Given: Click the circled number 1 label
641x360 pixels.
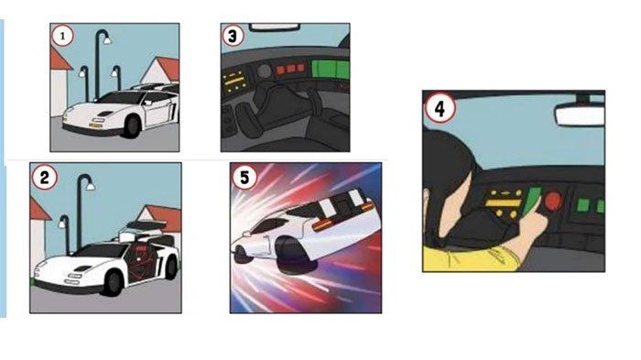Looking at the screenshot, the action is click(62, 36).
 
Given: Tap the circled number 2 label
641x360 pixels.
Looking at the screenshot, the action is click(45, 177).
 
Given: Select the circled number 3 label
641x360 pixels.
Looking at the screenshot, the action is click(233, 36).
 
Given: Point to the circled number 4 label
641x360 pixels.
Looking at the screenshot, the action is click(440, 108).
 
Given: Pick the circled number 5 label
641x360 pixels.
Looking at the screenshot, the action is click(244, 177).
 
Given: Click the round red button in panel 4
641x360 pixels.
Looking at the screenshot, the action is click(553, 201).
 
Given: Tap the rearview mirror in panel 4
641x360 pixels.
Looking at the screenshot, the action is click(580, 115).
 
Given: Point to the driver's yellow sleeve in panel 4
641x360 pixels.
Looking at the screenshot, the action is click(470, 259).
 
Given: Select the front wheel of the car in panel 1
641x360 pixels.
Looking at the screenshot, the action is click(132, 126).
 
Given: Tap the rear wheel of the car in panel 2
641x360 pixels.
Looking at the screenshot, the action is click(172, 267).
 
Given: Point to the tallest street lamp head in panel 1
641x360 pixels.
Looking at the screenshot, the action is click(107, 39).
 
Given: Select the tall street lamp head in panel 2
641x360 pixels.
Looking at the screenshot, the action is click(91, 186).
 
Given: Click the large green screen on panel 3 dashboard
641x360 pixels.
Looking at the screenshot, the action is click(331, 69).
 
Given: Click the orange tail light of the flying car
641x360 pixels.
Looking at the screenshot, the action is click(322, 224).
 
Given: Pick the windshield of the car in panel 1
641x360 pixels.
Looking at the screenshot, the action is click(122, 97).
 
